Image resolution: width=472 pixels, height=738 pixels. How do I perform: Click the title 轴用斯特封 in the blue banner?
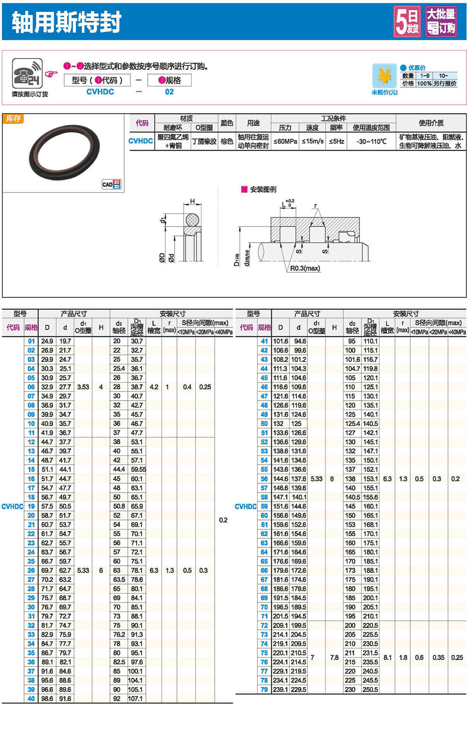[66, 22]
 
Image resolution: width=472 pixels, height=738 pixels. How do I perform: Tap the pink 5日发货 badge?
[407, 22]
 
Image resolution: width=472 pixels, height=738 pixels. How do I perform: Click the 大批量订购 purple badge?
[441, 22]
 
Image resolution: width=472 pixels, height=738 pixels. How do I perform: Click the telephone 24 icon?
[27, 74]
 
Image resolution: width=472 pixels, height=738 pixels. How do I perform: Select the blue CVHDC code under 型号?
[100, 92]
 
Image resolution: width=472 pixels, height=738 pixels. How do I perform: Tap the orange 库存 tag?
[13, 119]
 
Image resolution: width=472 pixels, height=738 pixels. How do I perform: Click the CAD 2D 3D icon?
[111, 184]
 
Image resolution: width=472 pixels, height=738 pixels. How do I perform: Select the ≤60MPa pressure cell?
[285, 141]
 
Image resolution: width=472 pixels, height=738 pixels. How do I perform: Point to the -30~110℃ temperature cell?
[371, 141]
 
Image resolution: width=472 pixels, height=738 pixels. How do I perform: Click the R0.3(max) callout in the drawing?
[305, 268]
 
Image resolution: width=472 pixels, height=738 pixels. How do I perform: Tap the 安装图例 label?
[262, 190]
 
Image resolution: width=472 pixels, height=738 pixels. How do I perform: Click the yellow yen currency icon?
[384, 76]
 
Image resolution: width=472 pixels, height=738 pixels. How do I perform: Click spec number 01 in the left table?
[31, 341]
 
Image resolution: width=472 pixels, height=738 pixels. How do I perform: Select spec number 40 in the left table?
[31, 699]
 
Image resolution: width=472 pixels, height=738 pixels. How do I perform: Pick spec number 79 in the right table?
[264, 689]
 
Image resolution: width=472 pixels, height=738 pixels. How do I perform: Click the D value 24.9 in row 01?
[47, 341]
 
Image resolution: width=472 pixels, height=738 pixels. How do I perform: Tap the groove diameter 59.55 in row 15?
[138, 470]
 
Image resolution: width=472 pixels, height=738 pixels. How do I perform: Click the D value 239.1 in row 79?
[280, 689]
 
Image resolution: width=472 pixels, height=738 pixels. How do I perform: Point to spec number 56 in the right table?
[264, 478]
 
